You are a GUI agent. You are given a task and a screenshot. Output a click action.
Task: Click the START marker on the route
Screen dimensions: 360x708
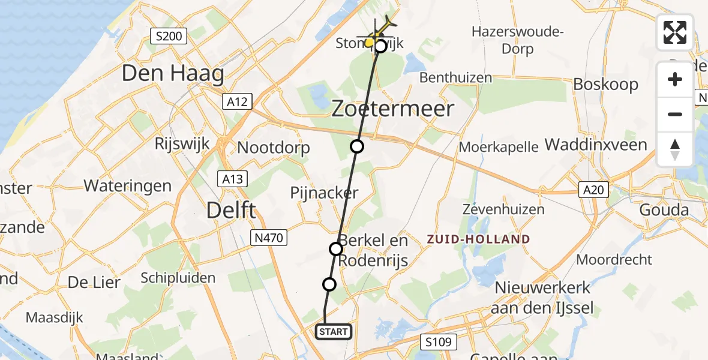pyautogui.click(x=333, y=332)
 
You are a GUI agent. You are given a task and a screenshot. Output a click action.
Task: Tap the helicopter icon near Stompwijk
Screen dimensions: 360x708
pyautogui.click(x=379, y=34)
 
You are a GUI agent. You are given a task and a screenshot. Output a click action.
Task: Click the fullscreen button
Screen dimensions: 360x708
pyautogui.click(x=675, y=32)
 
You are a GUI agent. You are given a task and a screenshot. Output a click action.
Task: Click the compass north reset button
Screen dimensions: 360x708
pyautogui.click(x=675, y=149)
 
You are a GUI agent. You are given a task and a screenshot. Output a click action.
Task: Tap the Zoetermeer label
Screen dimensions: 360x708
pyautogui.click(x=393, y=109)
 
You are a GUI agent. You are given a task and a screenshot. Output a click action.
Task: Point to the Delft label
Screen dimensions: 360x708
pyautogui.click(x=231, y=211)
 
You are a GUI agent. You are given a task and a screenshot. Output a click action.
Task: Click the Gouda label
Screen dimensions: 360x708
pyautogui.click(x=664, y=210)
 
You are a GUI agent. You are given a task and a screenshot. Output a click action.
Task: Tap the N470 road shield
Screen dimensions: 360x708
pyautogui.click(x=267, y=238)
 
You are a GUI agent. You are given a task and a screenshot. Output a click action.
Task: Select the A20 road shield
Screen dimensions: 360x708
pyautogui.click(x=593, y=190)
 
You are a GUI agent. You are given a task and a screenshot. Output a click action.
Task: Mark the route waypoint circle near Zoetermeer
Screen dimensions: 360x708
pyautogui.click(x=357, y=146)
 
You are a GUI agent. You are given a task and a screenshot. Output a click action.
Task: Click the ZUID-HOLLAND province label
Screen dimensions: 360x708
pyautogui.click(x=478, y=239)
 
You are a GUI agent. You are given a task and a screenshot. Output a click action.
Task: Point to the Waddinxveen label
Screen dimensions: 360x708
pyautogui.click(x=596, y=145)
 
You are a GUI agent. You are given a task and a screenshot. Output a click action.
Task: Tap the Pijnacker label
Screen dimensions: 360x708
pyautogui.click(x=324, y=193)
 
